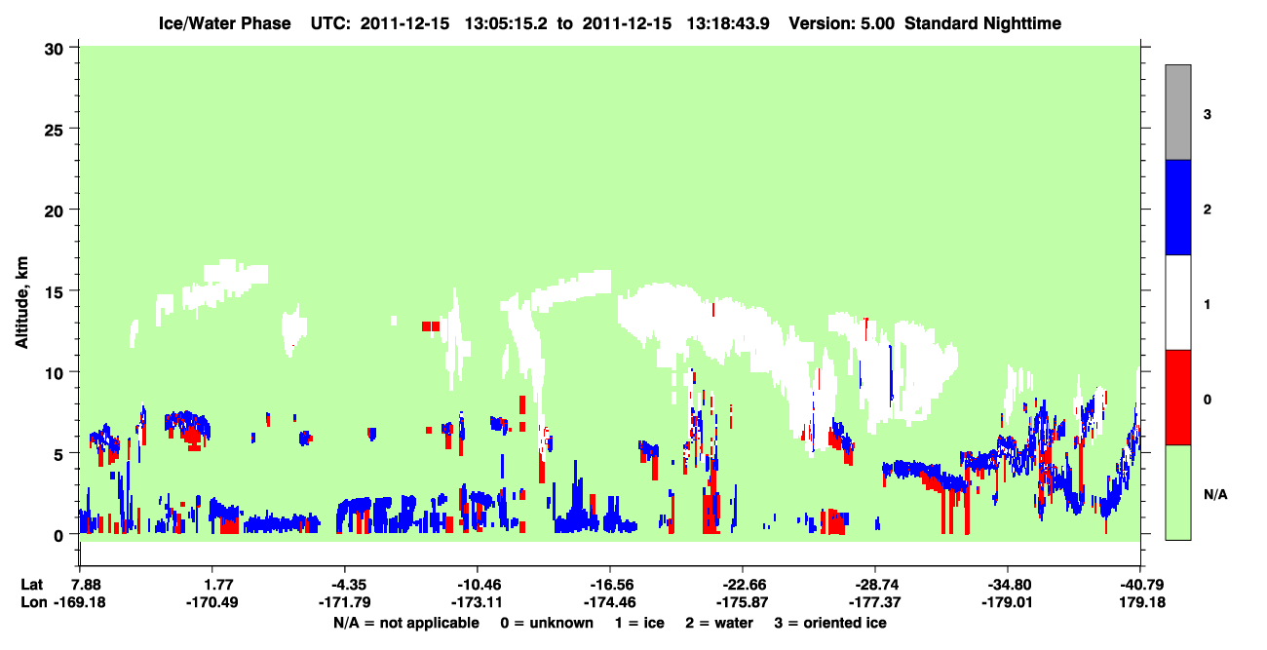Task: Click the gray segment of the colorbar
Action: point(1177,112)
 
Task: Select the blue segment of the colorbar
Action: point(1177,207)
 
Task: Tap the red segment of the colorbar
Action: point(1177,398)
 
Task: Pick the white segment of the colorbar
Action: point(1177,302)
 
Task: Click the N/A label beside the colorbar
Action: point(1215,495)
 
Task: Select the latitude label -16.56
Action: point(611,585)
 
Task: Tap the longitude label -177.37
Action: point(874,602)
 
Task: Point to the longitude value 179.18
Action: point(1142,602)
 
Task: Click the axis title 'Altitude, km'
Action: point(21,302)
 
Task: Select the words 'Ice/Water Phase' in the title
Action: point(224,23)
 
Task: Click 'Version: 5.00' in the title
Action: point(842,23)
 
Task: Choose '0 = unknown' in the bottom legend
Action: point(547,623)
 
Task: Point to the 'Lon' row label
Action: point(34,602)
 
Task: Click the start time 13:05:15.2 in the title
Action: point(506,23)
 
